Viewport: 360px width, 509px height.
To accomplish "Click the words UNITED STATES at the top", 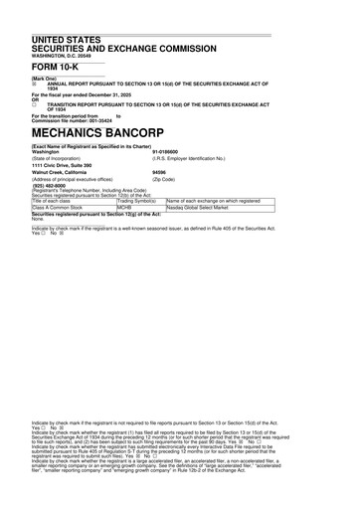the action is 68,38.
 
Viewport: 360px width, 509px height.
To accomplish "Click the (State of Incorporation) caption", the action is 63,158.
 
